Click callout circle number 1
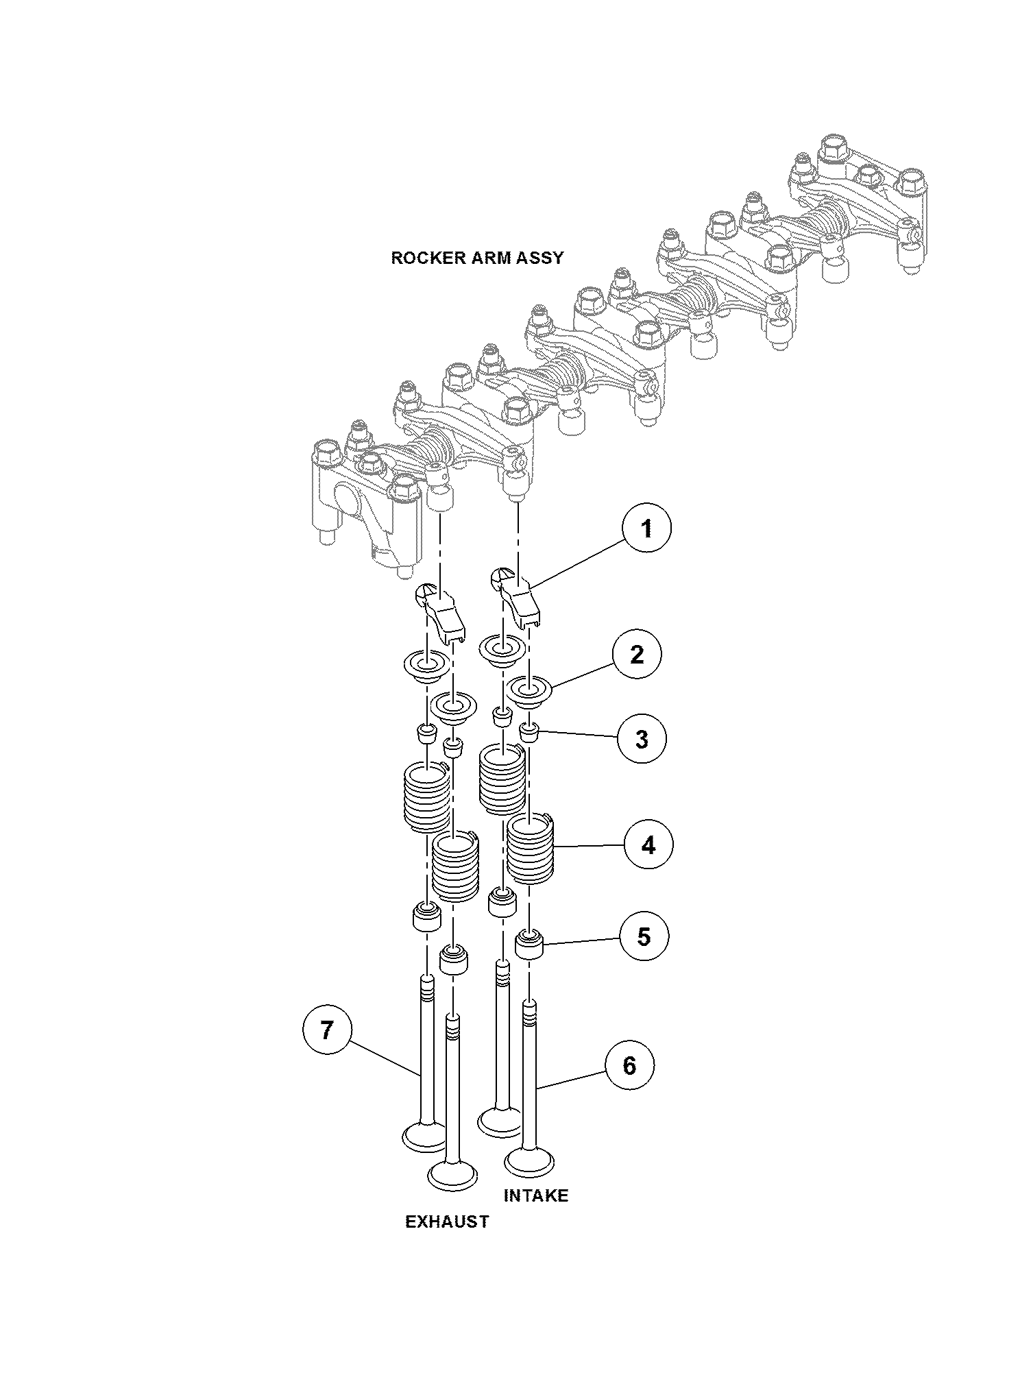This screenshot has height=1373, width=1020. [x=646, y=528]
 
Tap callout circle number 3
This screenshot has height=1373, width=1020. [x=641, y=739]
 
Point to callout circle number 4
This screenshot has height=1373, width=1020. [x=648, y=845]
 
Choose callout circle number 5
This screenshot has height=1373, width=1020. [x=644, y=936]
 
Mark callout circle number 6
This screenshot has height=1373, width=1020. [x=629, y=1065]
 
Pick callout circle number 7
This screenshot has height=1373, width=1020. [x=328, y=1029]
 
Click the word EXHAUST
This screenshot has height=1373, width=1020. [x=448, y=1221]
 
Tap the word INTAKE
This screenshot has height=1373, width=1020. [x=536, y=1195]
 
